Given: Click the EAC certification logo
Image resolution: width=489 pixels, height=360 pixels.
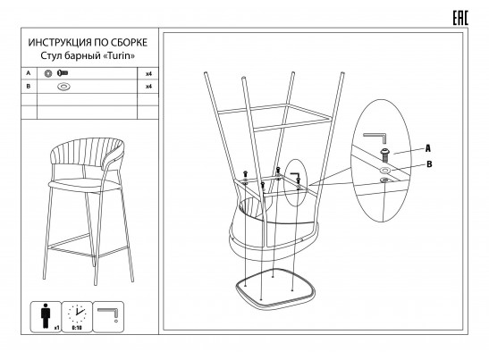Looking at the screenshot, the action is tap(460, 18).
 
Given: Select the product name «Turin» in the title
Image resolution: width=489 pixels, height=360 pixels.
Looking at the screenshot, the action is tap(119, 55).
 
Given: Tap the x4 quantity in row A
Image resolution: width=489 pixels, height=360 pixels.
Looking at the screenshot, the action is tap(148, 74).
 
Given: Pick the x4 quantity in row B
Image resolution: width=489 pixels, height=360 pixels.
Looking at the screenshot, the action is tap(148, 87).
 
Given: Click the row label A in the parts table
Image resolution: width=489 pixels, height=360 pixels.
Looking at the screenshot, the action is tap(29, 73).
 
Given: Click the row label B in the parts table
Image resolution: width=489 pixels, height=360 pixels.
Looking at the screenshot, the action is tap(29, 86).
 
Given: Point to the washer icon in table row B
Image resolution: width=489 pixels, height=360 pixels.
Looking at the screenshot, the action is tap(63, 87).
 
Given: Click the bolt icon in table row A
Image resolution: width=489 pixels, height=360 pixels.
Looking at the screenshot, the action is tap(62, 73).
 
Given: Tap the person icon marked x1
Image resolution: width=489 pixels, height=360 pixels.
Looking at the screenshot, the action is tap(46, 315).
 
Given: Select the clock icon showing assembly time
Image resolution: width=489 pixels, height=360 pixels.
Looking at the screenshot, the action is tap(77, 314).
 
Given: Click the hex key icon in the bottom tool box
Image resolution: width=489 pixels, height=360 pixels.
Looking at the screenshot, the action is tap(108, 313).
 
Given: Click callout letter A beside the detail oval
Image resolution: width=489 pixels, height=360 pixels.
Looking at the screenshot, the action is tap(428, 148).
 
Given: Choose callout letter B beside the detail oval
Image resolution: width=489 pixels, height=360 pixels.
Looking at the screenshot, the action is tap(429, 164).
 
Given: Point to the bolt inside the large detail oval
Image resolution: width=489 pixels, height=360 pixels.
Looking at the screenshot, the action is tap(384, 155).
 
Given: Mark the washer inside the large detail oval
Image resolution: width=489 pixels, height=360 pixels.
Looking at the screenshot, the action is tap(385, 171).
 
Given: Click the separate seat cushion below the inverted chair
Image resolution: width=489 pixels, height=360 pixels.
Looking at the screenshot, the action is tap(275, 287).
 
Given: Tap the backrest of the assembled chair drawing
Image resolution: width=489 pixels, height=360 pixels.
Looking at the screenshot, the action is tap(88, 153).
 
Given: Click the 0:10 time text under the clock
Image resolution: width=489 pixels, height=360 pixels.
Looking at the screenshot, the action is tap(77, 328).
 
